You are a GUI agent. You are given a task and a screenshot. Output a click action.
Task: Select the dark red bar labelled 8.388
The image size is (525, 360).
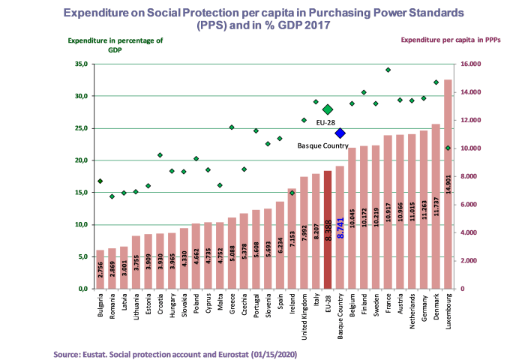(328, 229)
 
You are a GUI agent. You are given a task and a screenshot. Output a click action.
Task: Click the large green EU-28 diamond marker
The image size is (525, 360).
(327, 109)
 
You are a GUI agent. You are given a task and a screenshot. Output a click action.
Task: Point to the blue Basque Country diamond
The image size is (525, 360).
(340, 133)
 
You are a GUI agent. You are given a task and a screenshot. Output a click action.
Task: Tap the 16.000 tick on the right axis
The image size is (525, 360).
(470, 64)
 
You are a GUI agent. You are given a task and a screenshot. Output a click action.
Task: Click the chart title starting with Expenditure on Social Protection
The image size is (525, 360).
(262, 19)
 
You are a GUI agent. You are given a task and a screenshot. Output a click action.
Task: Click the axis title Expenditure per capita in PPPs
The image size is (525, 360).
(451, 40)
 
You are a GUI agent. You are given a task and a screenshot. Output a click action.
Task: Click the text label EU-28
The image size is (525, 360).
(325, 121)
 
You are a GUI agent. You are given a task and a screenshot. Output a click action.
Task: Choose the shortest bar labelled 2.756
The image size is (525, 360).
(100, 269)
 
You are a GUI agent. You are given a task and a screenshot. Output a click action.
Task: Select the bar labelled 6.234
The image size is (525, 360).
(280, 244)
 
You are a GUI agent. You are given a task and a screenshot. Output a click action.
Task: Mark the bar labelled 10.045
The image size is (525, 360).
(352, 218)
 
